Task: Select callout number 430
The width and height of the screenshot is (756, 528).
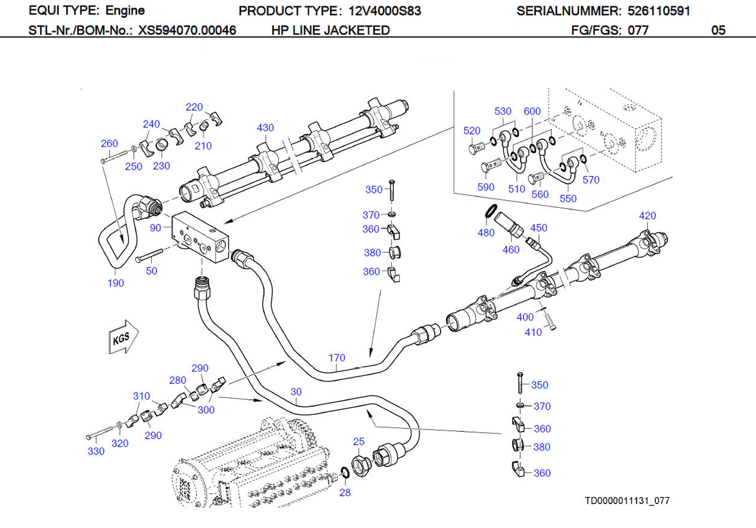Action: (265, 128)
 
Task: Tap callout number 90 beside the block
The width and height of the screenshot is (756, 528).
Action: (155, 228)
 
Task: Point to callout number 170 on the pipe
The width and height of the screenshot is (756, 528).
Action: (337, 358)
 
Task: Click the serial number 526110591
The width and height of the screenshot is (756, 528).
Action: (659, 11)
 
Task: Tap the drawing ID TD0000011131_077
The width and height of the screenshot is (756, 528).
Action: (627, 501)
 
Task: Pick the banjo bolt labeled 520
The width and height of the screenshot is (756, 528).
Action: (476, 148)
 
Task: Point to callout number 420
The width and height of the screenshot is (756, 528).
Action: (647, 216)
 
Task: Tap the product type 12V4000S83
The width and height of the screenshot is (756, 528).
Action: (385, 11)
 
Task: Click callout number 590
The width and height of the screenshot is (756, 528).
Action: (486, 187)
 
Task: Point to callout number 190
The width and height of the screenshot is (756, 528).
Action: (116, 283)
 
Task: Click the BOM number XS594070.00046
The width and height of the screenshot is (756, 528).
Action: (187, 31)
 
